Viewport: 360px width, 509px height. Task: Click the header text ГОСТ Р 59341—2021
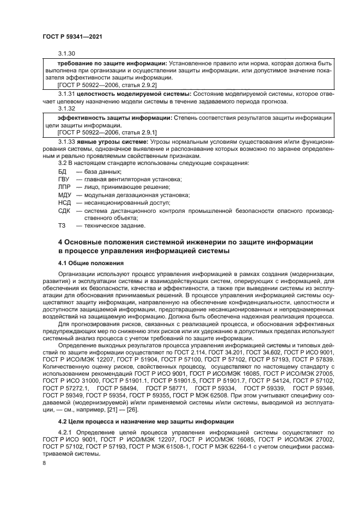[72, 35]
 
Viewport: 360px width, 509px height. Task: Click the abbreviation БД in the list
[62, 171]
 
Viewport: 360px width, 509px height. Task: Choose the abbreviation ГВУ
[64, 179]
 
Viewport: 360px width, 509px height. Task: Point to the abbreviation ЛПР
[64, 187]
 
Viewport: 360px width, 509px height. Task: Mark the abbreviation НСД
[64, 202]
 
